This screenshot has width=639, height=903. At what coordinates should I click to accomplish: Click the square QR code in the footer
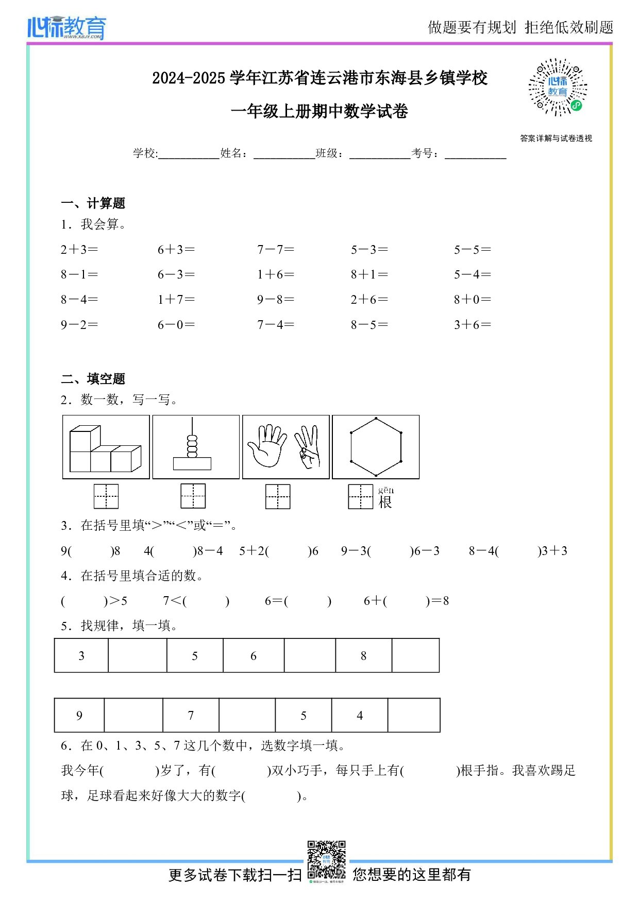(x=326, y=860)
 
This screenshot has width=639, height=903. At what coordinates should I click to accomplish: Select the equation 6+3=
(x=176, y=250)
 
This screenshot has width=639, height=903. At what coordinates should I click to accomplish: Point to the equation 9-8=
(x=276, y=300)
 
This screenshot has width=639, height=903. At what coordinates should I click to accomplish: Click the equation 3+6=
(x=472, y=325)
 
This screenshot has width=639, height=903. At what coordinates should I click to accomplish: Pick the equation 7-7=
(x=276, y=250)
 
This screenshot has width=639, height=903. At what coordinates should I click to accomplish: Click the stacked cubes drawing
(x=105, y=449)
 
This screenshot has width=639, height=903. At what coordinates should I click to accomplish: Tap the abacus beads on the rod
(x=192, y=446)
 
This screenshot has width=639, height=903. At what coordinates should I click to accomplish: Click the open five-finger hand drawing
(x=266, y=446)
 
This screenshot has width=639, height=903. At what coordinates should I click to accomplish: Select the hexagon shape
(x=376, y=447)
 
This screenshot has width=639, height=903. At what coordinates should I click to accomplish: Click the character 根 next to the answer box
(x=385, y=502)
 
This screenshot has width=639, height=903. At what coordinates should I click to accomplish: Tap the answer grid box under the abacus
(x=193, y=496)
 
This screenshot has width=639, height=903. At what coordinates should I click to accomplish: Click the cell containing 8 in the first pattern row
(x=363, y=656)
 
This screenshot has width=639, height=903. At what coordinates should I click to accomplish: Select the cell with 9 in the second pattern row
(x=79, y=716)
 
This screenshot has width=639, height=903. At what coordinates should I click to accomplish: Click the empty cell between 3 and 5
(x=138, y=656)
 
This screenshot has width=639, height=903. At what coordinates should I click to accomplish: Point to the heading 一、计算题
(x=93, y=203)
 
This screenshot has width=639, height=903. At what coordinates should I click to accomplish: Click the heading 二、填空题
(x=93, y=379)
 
